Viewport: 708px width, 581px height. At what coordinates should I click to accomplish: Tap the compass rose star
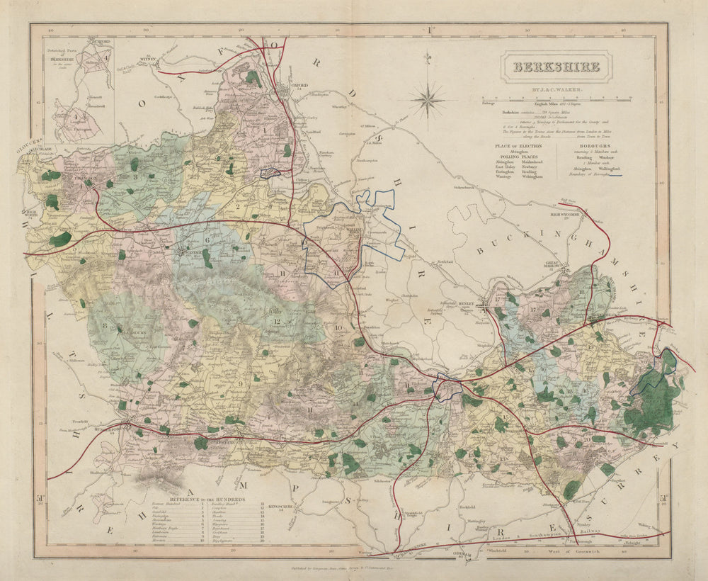pyautogui.click(x=428, y=99)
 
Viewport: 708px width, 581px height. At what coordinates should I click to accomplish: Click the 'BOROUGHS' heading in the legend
pyautogui.click(x=593, y=144)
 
